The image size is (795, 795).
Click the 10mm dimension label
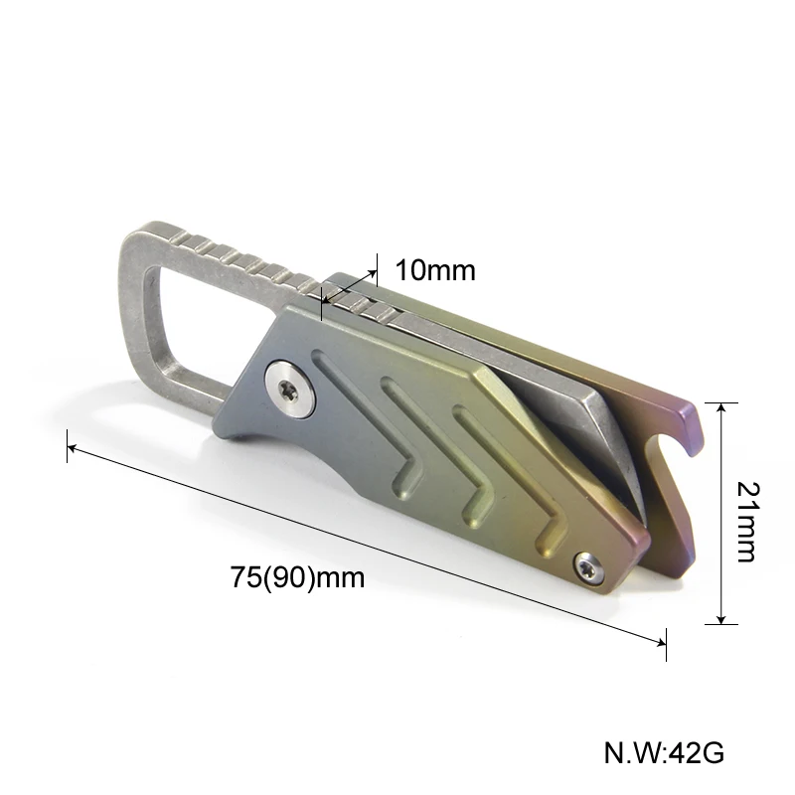(435, 269)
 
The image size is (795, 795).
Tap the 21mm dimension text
(748, 522)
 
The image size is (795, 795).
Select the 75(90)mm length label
(297, 577)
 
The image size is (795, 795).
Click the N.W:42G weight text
(664, 752)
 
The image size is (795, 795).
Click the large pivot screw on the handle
(289, 389)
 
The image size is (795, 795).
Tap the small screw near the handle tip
(589, 568)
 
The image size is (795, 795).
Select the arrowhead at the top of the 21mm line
(721, 407)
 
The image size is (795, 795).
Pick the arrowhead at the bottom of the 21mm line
(721, 619)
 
